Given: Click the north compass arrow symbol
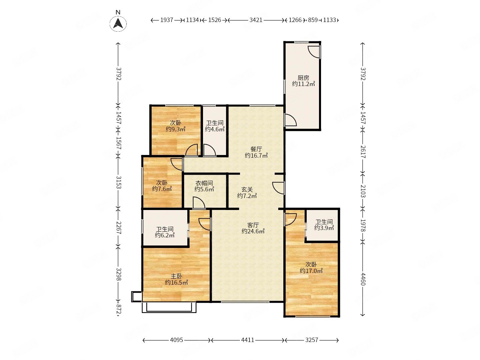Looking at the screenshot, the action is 118,24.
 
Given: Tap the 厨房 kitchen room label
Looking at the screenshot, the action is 303,78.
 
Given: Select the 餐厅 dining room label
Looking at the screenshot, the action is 256,149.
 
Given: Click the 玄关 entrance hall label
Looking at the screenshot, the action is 247,190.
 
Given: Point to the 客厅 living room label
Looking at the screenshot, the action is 253,225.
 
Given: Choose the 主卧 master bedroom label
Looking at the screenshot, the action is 176,276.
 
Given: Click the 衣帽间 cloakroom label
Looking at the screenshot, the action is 204,183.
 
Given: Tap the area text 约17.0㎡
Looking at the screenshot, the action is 311,271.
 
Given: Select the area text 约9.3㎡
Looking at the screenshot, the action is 175,129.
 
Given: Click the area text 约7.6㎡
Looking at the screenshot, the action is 162,189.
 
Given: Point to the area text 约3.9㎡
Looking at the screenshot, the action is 324,228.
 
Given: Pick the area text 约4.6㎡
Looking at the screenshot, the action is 215,129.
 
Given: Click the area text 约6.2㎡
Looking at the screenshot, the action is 165,235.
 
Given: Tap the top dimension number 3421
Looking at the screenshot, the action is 256,20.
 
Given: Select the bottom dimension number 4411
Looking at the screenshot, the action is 248,340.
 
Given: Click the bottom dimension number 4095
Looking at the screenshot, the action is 176,340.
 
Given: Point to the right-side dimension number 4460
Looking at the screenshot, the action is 363,279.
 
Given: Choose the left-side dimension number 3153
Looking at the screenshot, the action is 119,182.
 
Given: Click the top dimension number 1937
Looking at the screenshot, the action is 167,20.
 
